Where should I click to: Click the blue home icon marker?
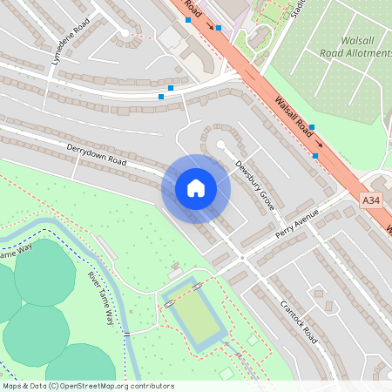(x=196, y=187)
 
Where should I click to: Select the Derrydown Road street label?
(x=97, y=155)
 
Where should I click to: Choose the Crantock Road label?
(x=300, y=321)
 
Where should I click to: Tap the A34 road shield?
(x=372, y=200)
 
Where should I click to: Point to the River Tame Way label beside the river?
(x=100, y=297)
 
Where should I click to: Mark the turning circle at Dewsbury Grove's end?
(x=220, y=145)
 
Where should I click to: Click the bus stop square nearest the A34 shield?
(x=315, y=156)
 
